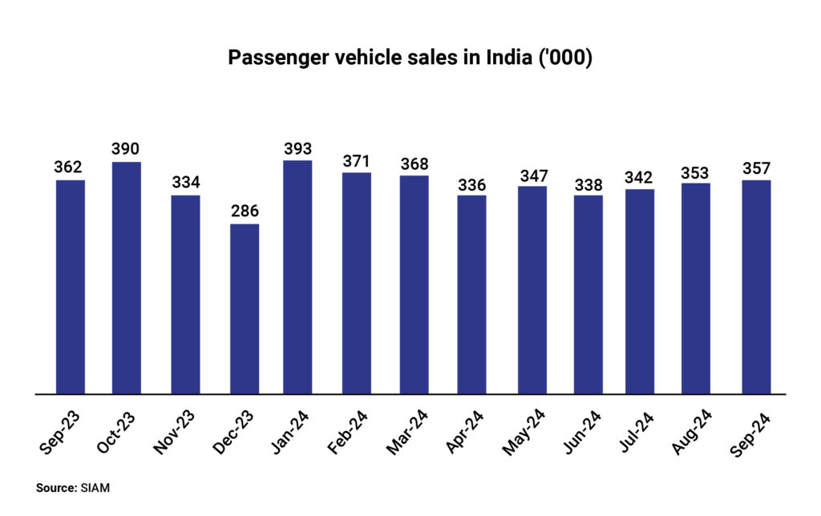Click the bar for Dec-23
tap(245, 309)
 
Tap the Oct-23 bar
tap(127, 278)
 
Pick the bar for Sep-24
tap(756, 287)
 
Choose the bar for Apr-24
tap(471, 295)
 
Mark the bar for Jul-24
tap(640, 292)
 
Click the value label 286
tap(245, 212)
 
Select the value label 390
tap(127, 151)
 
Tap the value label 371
tap(357, 161)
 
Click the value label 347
tap(532, 175)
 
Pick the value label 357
tap(756, 168)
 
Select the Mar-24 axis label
tap(413, 433)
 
